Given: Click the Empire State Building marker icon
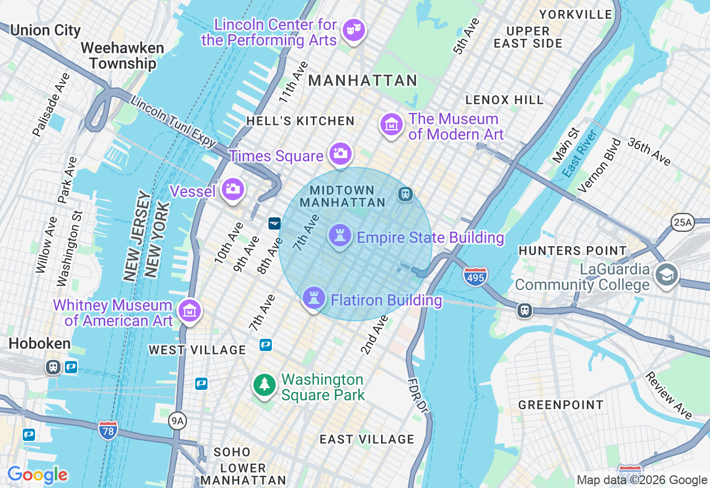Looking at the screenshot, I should tap(340, 235).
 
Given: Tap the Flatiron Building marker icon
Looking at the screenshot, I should tap(313, 298).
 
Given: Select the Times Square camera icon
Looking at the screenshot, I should tap(339, 154).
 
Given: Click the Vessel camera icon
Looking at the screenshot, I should tap(233, 189).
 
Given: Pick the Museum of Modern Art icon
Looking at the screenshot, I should tap(392, 125).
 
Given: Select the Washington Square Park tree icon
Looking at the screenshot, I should tap(265, 384).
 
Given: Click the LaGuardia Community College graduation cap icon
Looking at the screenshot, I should tap(666, 274).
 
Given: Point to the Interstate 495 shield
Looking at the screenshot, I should tap(475, 275).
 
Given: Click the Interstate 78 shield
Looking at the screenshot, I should tap(108, 430).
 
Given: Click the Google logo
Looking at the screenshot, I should tap(37, 475).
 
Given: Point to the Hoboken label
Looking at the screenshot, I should tap(39, 343).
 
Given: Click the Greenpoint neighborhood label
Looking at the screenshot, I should tap(561, 405).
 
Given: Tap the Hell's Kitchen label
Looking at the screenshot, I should tap(300, 121).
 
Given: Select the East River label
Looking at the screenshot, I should tap(579, 154).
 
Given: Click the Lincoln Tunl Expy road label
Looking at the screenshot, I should tap(173, 122).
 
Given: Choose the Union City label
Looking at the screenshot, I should tap(45, 30).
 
